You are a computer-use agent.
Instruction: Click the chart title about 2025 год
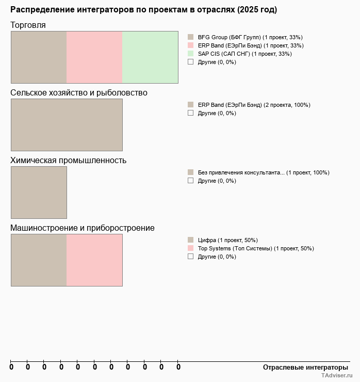pyautogui.click(x=143, y=10)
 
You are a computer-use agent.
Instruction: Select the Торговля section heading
pyautogui.click(x=28, y=25)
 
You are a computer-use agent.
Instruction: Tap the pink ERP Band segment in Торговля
pyautogui.click(x=94, y=57)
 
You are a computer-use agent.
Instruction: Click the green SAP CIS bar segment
pyautogui.click(x=150, y=57)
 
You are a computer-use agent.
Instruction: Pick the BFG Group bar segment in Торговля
pyautogui.click(x=39, y=57)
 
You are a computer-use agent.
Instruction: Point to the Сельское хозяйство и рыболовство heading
pyautogui.click(x=79, y=93)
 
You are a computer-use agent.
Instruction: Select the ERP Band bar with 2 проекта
pyautogui.click(x=67, y=124)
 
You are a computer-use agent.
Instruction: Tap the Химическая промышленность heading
pyautogui.click(x=68, y=160)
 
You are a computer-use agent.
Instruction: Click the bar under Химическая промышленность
pyautogui.click(x=39, y=192)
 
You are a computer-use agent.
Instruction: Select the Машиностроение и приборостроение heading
pyautogui.click(x=83, y=228)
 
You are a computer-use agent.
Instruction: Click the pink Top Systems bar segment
pyautogui.click(x=94, y=260)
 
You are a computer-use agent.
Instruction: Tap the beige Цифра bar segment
pyautogui.click(x=39, y=260)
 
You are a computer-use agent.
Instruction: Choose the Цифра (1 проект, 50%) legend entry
pyautogui.click(x=227, y=240)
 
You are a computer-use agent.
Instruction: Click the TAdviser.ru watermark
pyautogui.click(x=337, y=376)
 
